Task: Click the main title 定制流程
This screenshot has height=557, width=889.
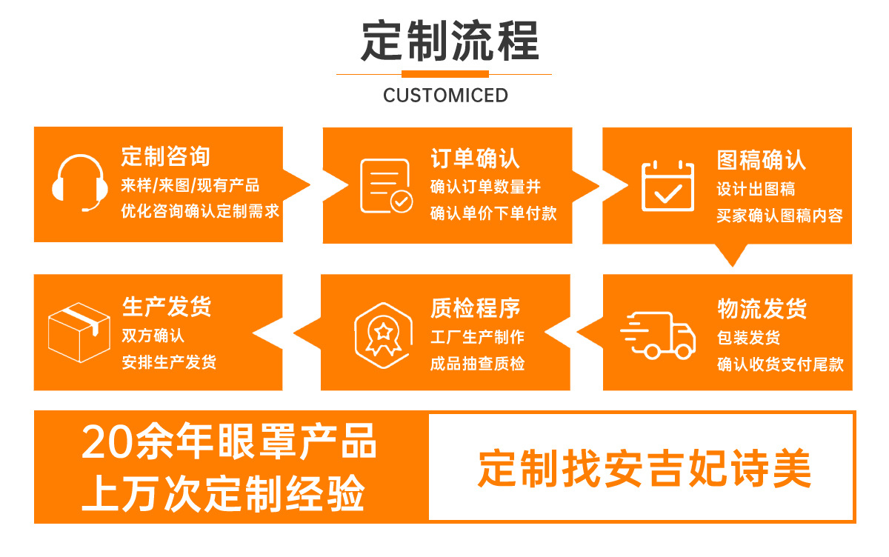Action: pyautogui.click(x=450, y=41)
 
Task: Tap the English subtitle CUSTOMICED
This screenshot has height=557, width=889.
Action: pyautogui.click(x=445, y=96)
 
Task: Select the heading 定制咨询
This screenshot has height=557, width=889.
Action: pyautogui.click(x=165, y=156)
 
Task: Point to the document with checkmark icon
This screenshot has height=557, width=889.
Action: pyautogui.click(x=386, y=186)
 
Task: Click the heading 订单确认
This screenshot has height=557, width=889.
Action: pyautogui.click(x=475, y=159)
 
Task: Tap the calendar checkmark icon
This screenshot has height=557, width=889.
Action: pyautogui.click(x=668, y=186)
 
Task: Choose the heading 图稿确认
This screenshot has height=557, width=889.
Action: pyautogui.click(x=762, y=160)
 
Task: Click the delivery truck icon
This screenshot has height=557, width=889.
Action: pyautogui.click(x=658, y=336)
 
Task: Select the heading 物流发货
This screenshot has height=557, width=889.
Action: pyautogui.click(x=762, y=309)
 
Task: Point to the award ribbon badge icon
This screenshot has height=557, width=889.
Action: pyautogui.click(x=383, y=336)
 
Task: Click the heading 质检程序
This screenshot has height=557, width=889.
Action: pyautogui.click(x=476, y=308)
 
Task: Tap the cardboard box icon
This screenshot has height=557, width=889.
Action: pyautogui.click(x=79, y=333)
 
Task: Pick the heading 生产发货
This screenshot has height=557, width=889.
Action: pyautogui.click(x=167, y=306)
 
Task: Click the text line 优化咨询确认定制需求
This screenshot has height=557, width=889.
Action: pyautogui.click(x=200, y=211)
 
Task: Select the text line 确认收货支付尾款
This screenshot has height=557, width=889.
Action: pyautogui.click(x=780, y=364)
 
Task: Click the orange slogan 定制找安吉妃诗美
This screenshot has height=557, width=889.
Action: pyautogui.click(x=645, y=468)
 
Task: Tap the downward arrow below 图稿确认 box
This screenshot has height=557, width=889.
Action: pyautogui.click(x=732, y=255)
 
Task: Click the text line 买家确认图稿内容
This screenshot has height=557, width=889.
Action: pyautogui.click(x=779, y=216)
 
